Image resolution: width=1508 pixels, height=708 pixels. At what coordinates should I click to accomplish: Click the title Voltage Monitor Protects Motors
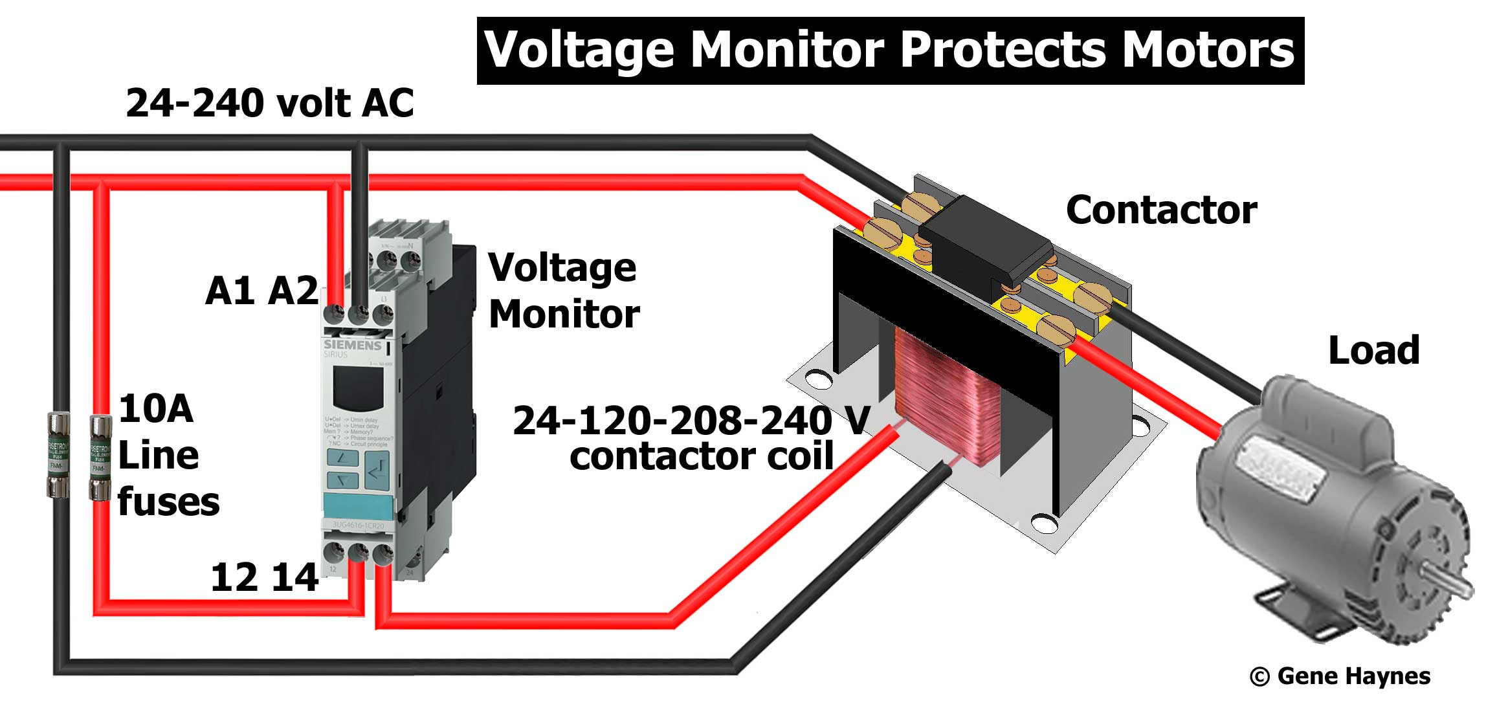tap(890, 50)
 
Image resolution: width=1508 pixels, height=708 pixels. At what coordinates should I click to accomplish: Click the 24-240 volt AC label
tap(269, 104)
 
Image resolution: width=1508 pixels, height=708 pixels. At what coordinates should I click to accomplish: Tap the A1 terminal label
tap(229, 291)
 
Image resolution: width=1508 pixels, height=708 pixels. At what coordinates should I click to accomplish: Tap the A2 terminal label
tap(293, 291)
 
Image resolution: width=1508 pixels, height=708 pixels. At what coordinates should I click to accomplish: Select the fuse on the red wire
tap(100, 458)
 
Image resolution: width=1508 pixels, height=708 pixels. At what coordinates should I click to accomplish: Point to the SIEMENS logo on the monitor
tap(352, 345)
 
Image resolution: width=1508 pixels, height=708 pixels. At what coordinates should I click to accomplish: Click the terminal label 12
tap(234, 577)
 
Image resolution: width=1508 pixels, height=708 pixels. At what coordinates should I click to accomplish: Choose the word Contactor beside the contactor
tap(1161, 210)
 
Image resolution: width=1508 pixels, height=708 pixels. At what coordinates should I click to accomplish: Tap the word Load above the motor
tap(1373, 351)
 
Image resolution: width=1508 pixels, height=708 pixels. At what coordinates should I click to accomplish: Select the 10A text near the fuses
tap(156, 409)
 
